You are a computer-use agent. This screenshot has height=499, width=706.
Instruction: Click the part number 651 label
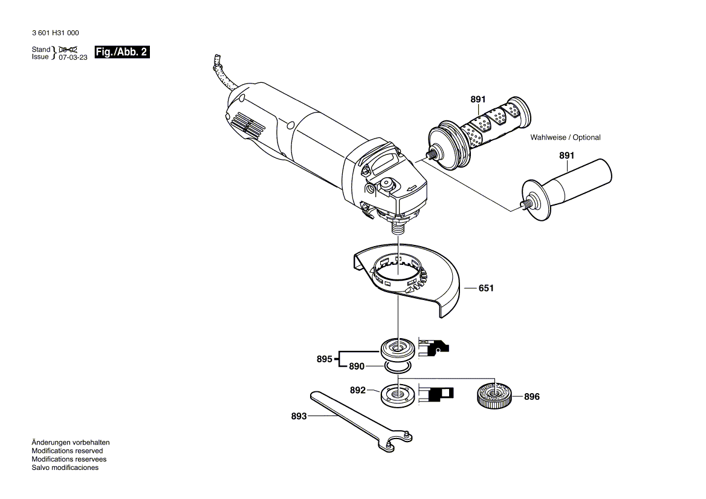tap(486, 289)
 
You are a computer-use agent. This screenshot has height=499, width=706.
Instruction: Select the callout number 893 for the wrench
tap(299, 416)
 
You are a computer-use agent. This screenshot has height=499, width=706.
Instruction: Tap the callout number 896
tap(532, 397)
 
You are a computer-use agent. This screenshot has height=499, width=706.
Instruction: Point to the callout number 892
tap(358, 391)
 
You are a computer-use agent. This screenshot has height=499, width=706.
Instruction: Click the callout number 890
tap(357, 367)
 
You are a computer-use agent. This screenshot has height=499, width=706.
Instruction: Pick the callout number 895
tap(324, 359)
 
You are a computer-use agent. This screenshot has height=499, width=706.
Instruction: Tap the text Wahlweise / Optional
tap(565, 137)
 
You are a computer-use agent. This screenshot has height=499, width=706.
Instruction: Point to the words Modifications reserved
tap(67, 451)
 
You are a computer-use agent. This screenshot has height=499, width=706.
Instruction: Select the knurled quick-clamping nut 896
tap(494, 397)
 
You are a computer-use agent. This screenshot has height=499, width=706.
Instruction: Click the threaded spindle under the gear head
tap(397, 228)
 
